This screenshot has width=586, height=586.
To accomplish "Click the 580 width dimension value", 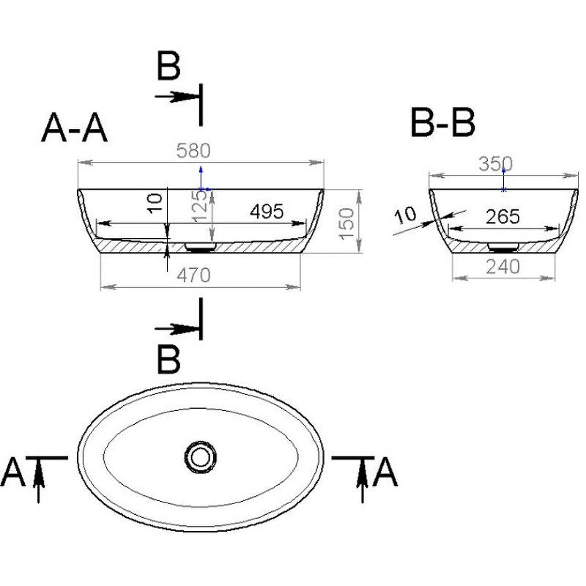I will (194, 151).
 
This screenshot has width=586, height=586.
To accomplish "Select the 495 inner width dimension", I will (267, 212).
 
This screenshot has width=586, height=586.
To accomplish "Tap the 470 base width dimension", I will (194, 275).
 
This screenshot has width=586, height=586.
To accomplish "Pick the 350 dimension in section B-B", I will (495, 164).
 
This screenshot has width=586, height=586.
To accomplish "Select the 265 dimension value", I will (502, 217).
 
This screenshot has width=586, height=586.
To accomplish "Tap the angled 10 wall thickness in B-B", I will (405, 215).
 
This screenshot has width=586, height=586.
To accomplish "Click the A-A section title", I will (75, 129).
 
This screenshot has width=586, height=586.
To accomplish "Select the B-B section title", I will (442, 123).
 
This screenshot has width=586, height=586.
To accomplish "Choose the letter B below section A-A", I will (168, 360).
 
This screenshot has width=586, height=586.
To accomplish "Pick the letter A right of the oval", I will (385, 472).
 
